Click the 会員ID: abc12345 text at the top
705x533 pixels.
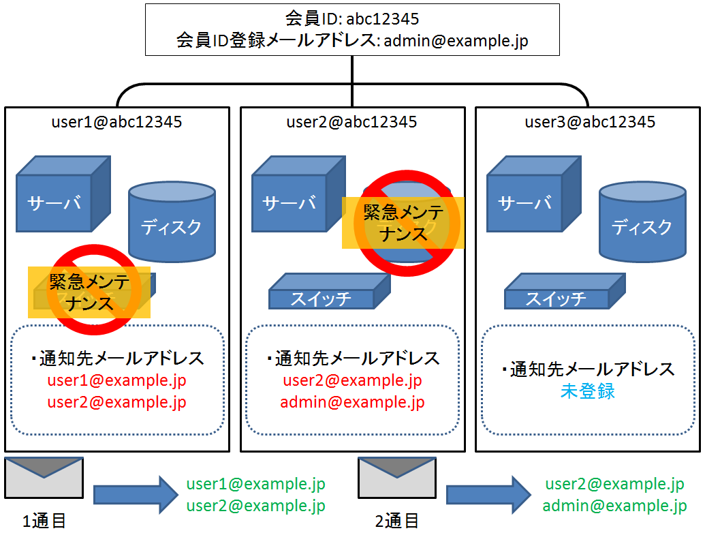click(352, 18)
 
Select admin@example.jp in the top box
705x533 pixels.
click(456, 41)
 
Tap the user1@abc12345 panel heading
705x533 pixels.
click(116, 122)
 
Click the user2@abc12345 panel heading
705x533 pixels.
click(351, 122)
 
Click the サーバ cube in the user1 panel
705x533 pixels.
click(58, 198)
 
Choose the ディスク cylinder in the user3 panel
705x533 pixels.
click(642, 222)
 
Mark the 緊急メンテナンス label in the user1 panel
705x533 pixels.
click(89, 292)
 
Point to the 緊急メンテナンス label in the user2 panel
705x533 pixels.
click(403, 222)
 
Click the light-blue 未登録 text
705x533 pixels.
click(588, 391)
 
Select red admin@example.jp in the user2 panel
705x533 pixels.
click(352, 402)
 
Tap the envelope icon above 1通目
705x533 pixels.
click(44, 478)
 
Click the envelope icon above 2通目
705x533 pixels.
click(397, 478)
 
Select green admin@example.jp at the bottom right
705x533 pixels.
click(614, 506)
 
